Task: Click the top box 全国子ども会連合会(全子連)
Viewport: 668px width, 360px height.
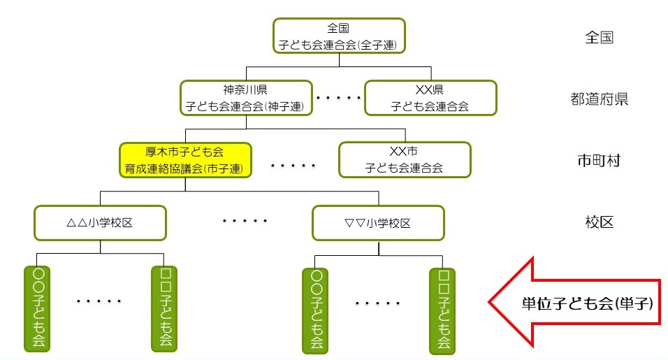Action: coord(339,36)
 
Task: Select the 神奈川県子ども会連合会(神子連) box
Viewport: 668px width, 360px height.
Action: coord(245,98)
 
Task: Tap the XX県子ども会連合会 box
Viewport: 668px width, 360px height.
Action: coord(430,98)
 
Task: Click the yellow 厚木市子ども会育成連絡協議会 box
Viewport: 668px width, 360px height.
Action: coord(185,159)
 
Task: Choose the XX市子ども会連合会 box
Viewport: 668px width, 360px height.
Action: coord(405,159)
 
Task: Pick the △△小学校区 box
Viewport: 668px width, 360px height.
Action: coord(101,222)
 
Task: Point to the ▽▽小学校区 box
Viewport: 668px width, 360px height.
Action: coord(378,222)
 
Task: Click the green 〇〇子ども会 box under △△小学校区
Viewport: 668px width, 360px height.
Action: coord(36,307)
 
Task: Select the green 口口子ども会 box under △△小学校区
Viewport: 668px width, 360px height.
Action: coord(165,307)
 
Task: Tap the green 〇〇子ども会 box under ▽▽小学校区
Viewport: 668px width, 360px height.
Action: coord(314,308)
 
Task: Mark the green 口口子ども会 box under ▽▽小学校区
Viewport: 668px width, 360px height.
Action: coord(442,308)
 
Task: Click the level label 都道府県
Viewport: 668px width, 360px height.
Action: coord(600,99)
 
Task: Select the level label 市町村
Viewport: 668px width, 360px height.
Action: coord(599,160)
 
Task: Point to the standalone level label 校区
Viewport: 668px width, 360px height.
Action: coord(599,222)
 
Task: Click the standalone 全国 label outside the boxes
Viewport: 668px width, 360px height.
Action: coord(599,37)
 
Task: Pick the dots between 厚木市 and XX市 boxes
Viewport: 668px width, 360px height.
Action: coord(293,166)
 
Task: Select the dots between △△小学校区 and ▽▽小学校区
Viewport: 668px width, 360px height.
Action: coord(245,221)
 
